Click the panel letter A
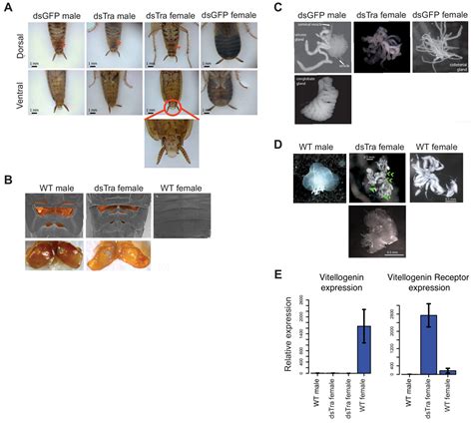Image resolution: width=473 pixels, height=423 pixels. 7,6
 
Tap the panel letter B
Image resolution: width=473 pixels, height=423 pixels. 7,180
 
